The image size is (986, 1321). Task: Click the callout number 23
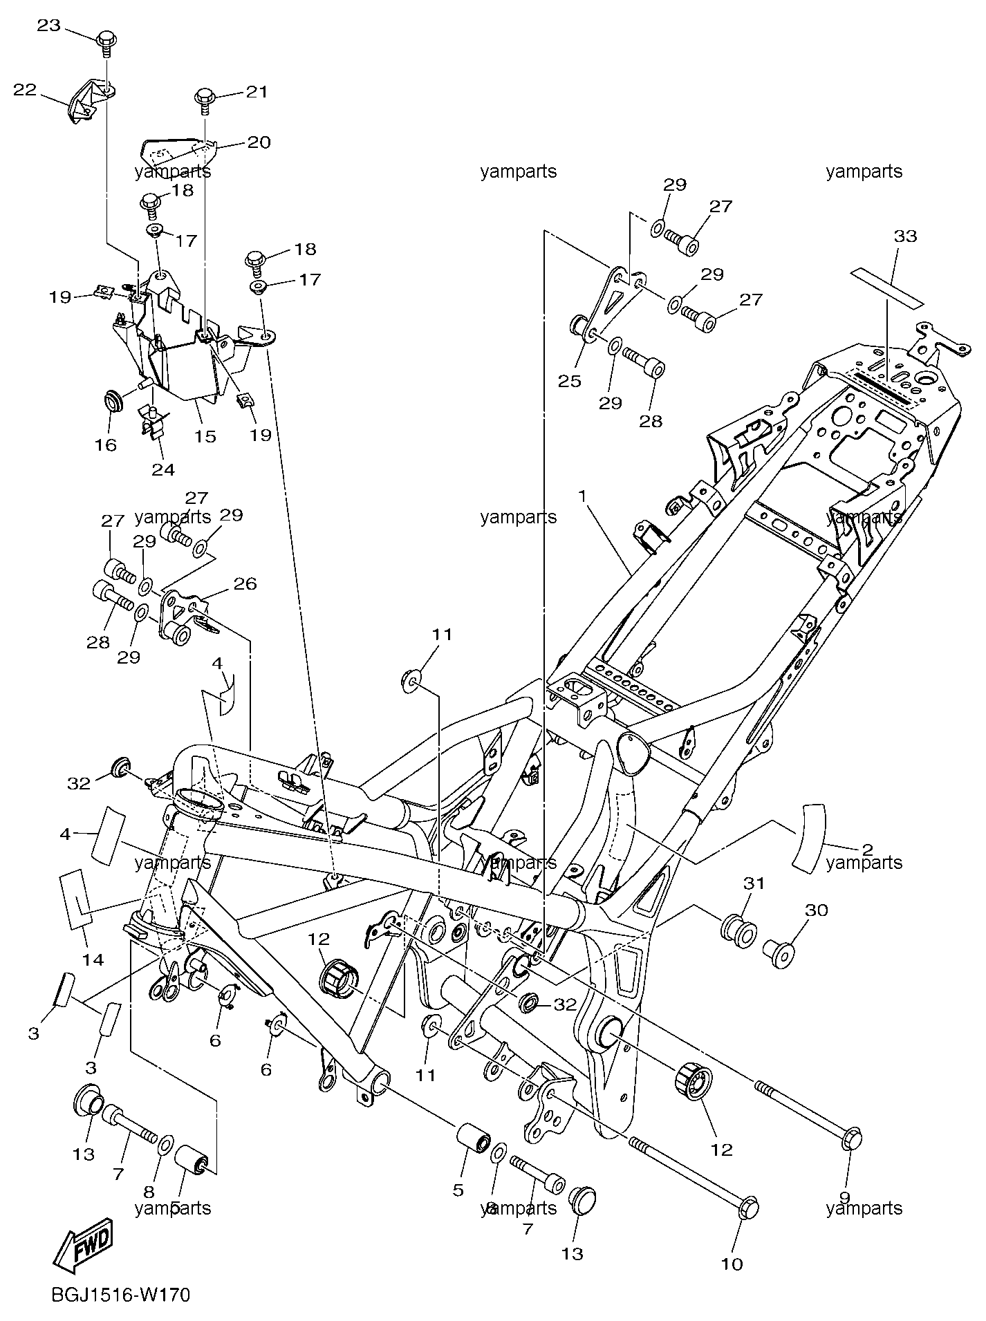point(48,26)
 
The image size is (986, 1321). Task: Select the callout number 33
point(905,236)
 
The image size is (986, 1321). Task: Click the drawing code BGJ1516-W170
point(120,1293)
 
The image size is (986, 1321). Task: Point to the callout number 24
point(163,469)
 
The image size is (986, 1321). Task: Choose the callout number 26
point(245,584)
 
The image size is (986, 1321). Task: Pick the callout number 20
point(259,142)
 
